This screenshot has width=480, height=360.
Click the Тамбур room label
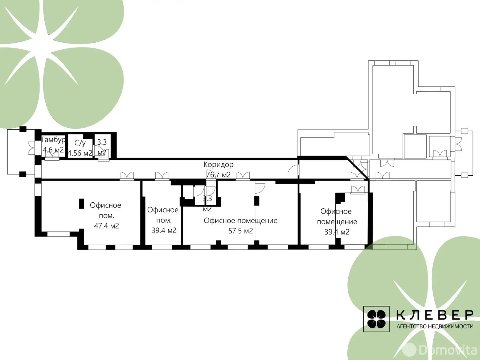click(x=53, y=140)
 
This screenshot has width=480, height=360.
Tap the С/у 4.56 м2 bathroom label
click(x=80, y=148)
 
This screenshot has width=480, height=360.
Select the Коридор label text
click(x=218, y=164)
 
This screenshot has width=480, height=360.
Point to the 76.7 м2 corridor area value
click(x=218, y=175)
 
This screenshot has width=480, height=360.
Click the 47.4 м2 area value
click(x=106, y=225)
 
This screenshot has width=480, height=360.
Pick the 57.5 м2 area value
click(x=241, y=231)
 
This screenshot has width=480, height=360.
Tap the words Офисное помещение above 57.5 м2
click(x=241, y=221)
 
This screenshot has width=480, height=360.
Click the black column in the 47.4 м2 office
click(x=82, y=204)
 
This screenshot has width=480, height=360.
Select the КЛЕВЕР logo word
click(x=435, y=315)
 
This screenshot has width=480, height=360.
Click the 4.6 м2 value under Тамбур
click(x=53, y=150)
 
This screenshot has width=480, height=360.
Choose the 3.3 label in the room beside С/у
click(x=102, y=142)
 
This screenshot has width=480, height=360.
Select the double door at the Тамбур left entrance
click(x=32, y=148)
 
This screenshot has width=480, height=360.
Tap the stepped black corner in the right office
click(x=340, y=197)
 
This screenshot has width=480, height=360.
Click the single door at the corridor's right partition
click(x=293, y=170)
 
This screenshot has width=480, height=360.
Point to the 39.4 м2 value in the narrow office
click(x=164, y=231)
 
